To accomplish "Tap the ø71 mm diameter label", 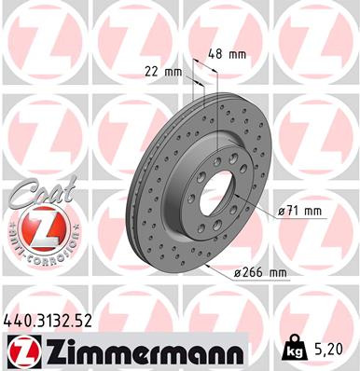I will [x=300, y=212].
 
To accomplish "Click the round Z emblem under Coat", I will [x=38, y=228].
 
